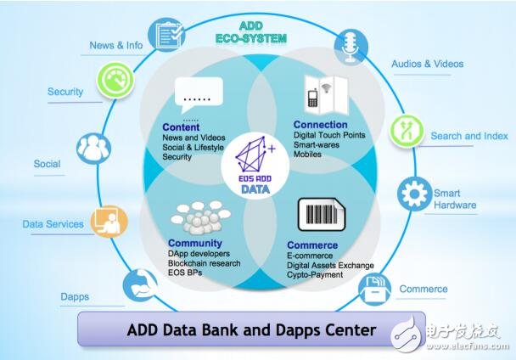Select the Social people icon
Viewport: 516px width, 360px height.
point(95,146)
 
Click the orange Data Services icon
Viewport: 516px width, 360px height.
point(109,221)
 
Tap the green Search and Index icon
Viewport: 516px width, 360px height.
point(406,129)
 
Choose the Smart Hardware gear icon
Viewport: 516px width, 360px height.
point(414,194)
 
